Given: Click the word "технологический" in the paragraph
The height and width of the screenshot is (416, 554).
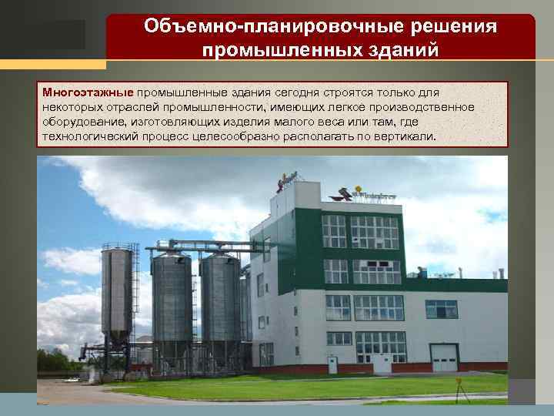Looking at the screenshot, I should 89,136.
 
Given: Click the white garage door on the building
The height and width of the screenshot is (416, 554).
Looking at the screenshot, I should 443,357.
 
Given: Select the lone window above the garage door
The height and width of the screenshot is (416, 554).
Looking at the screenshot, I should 441,309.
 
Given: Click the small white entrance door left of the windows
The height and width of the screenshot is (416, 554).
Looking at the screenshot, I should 266,354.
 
